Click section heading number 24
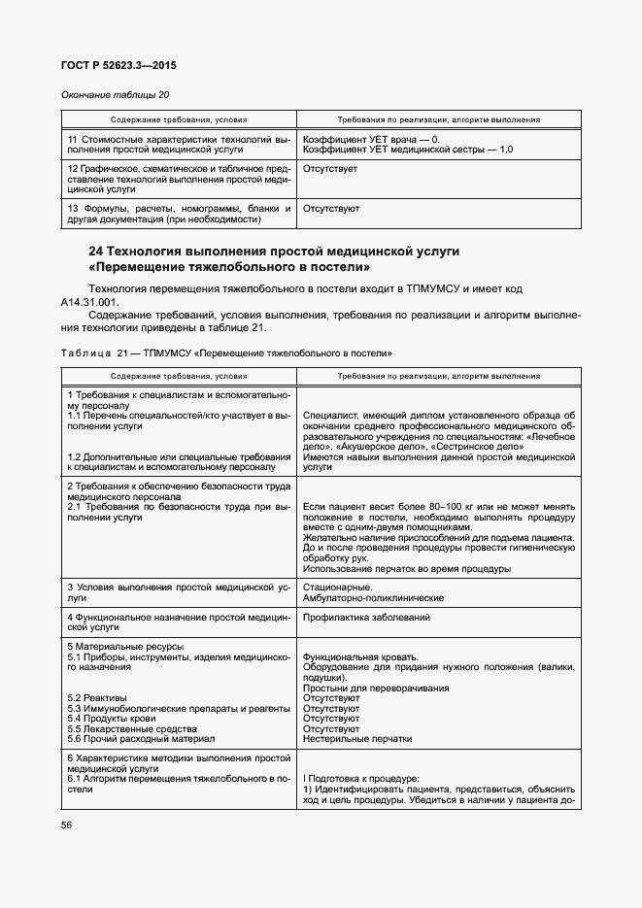(x=95, y=251)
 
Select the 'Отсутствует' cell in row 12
(x=330, y=169)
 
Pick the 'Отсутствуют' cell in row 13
(x=331, y=209)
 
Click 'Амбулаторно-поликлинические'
(x=373, y=598)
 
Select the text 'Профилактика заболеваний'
(x=367, y=618)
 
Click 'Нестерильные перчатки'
(x=356, y=738)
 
